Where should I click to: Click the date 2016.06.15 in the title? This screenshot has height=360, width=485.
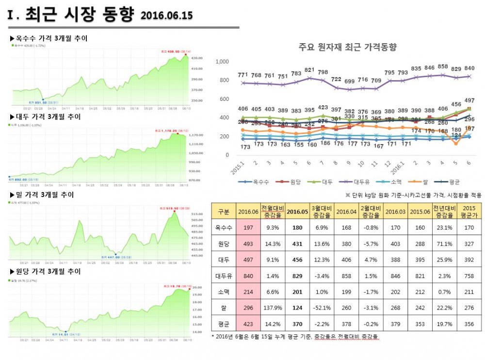(x=166, y=16)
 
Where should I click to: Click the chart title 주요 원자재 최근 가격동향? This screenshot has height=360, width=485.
(x=348, y=47)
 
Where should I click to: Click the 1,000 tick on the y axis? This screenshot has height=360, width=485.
(x=222, y=62)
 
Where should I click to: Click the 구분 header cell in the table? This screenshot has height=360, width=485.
(x=224, y=212)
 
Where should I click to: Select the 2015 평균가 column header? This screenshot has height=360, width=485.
(x=469, y=212)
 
